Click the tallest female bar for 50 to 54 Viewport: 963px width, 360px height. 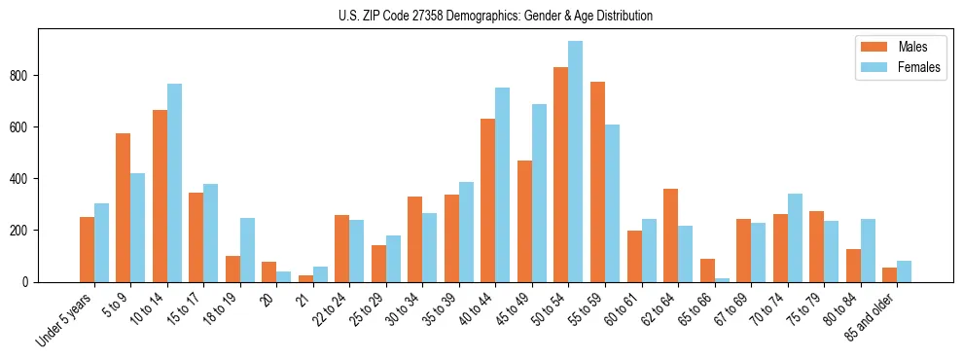pyautogui.click(x=576, y=162)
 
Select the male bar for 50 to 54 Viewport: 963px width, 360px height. pyautogui.click(x=561, y=175)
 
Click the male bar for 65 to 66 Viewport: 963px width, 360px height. pyautogui.click(x=707, y=270)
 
